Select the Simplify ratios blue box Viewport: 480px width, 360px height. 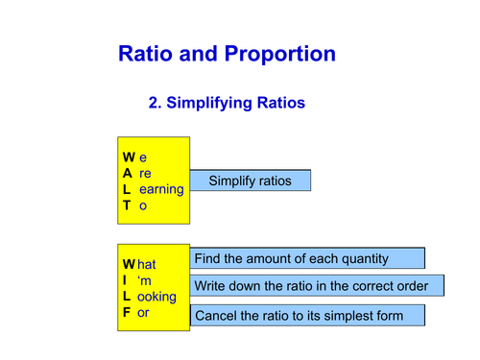tap(250, 180)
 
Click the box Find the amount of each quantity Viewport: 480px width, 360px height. tap(308, 258)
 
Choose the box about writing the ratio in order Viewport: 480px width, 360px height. tap(318, 286)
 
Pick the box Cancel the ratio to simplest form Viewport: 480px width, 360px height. tap(308, 315)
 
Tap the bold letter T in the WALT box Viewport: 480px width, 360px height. tap(127, 205)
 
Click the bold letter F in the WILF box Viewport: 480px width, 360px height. tap(127, 313)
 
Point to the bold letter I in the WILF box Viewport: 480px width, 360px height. tap(125, 279)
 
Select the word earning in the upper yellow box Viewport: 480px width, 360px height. tap(160, 189)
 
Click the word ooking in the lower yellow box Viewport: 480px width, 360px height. tap(158, 297)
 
